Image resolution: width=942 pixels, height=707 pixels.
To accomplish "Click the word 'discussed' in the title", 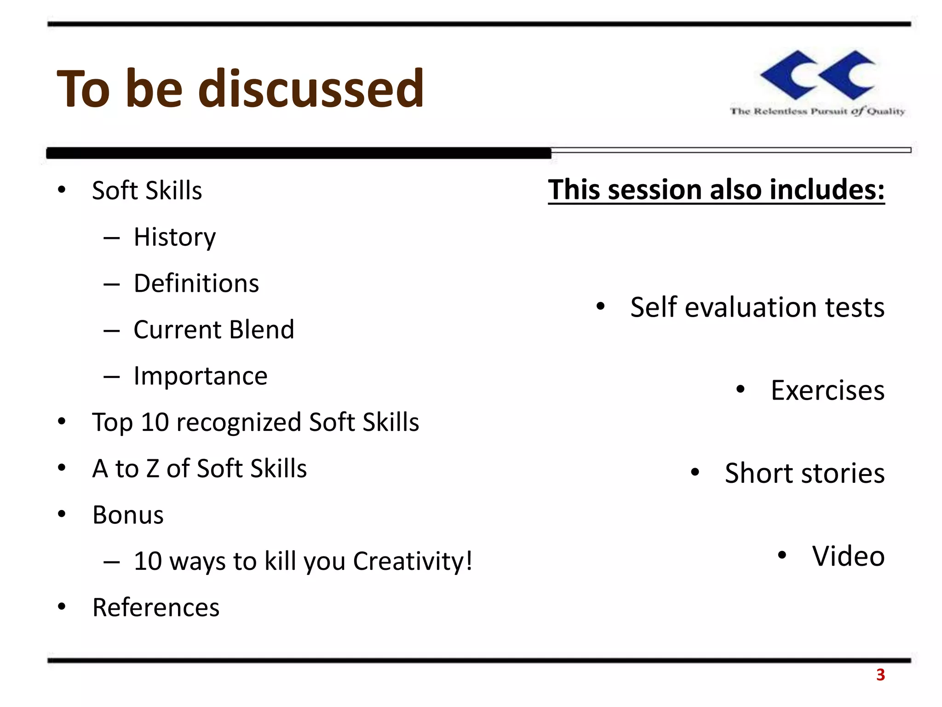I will coord(310,88).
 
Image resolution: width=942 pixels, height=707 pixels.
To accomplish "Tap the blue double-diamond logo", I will coord(817,75).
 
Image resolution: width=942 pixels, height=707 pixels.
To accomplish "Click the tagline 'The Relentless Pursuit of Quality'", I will coord(817,111).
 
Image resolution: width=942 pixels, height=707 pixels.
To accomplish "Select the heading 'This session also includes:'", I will coord(716,190).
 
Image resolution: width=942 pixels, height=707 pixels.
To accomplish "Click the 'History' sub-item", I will coord(174,238).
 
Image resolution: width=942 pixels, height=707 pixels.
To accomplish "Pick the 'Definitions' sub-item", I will coord(196,284).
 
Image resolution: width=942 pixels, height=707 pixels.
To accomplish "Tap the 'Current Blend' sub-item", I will coord(213,330).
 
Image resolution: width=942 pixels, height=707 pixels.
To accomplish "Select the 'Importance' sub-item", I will coord(200,376).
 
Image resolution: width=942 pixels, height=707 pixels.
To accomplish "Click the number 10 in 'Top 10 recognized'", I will coord(155,422).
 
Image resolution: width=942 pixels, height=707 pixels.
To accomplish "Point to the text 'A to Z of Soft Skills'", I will coord(199,469).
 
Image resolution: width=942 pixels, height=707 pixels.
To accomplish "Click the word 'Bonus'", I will coord(128,515).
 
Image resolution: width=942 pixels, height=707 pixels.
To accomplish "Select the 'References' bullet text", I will coord(156,607).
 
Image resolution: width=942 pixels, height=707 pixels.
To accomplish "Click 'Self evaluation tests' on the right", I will coord(757,307).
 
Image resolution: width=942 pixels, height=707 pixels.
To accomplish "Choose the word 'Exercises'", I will coord(827,390).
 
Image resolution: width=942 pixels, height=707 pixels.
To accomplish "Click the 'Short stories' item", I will coord(804,473).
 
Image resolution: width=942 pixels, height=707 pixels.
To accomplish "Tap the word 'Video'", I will coord(848,556).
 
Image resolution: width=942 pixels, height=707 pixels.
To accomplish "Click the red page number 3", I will coord(880,675).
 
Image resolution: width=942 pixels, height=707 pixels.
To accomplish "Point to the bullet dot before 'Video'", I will coord(782,555).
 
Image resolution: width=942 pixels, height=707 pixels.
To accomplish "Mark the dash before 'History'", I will coord(112,238).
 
